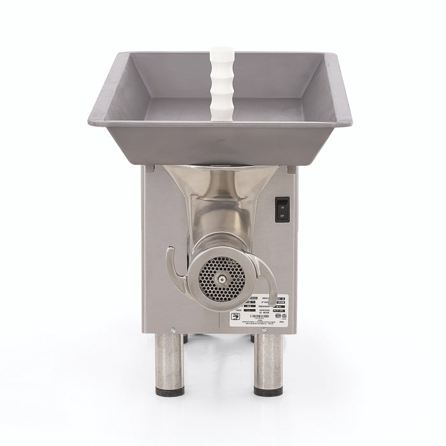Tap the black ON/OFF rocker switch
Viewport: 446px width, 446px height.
coord(282,210)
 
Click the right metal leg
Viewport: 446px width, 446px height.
coord(268,363)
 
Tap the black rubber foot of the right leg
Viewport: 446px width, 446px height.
coord(268,391)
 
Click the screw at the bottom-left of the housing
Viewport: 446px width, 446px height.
coord(173,330)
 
